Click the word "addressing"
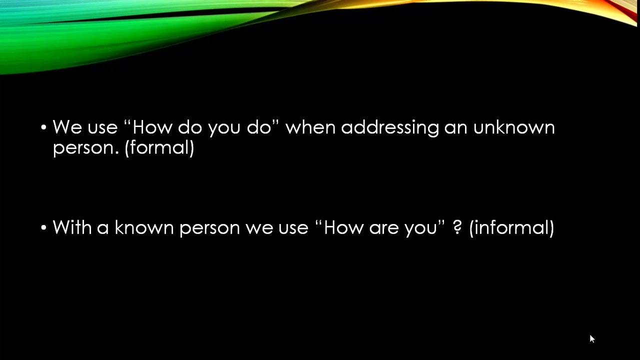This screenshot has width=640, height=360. click(x=390, y=127)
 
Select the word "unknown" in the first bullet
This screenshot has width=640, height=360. click(x=514, y=127)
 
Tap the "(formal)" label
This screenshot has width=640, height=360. click(x=159, y=147)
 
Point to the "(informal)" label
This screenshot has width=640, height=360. click(x=511, y=227)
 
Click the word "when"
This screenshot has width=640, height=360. click(x=310, y=127)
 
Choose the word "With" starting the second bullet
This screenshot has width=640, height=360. click(x=72, y=227)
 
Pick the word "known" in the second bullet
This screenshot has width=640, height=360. click(x=144, y=227)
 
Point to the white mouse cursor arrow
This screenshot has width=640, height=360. click(x=592, y=339)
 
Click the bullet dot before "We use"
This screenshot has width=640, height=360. click(x=43, y=127)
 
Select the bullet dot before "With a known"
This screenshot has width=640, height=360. click(x=43, y=227)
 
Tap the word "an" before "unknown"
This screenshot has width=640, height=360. click(x=455, y=129)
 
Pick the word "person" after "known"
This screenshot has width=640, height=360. click(x=209, y=229)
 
